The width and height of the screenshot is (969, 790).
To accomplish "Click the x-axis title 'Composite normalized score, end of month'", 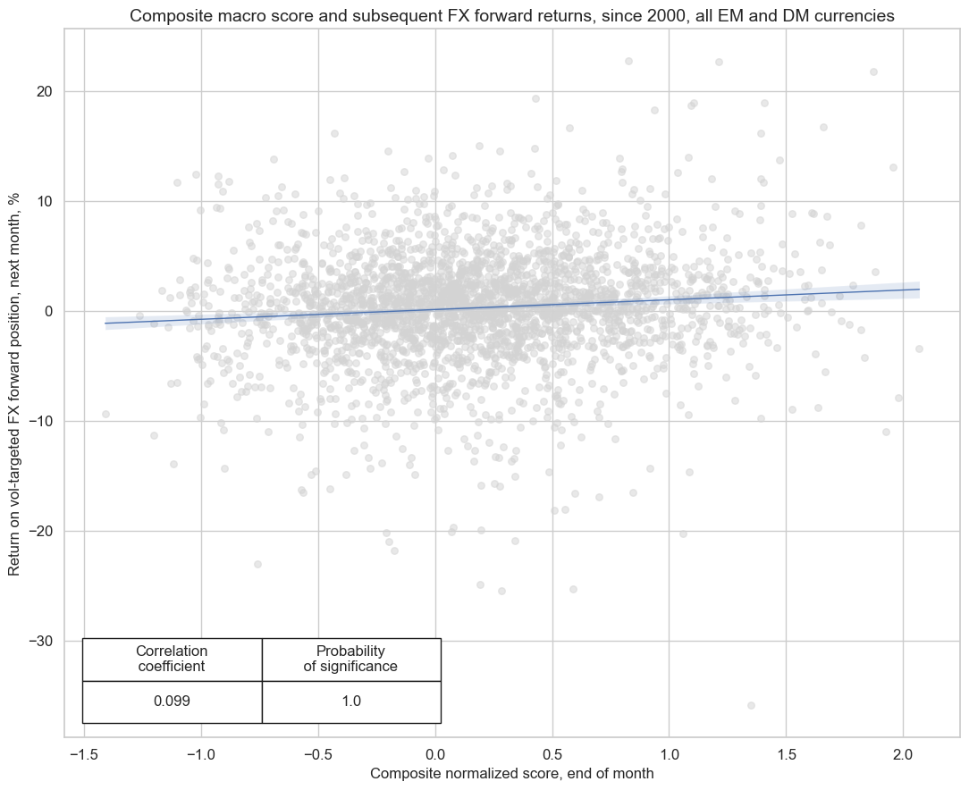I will [x=512, y=772].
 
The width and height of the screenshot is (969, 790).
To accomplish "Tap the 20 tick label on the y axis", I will [x=44, y=91].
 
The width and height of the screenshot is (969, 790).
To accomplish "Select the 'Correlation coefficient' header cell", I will [x=172, y=659].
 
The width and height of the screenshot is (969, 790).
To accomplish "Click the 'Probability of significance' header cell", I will [x=351, y=659].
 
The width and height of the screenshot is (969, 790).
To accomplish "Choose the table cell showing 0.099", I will [x=172, y=702].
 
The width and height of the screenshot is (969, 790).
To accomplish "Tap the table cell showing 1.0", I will [x=351, y=702].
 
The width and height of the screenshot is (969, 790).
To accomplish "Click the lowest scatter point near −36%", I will [x=751, y=705].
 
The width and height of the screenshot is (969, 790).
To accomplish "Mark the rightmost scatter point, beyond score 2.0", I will [x=919, y=349].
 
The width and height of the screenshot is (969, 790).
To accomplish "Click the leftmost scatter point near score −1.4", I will [x=105, y=414].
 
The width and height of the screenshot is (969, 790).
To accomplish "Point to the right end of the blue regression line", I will [x=919, y=289].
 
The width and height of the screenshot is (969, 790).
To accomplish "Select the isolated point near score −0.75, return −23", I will [x=257, y=564].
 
